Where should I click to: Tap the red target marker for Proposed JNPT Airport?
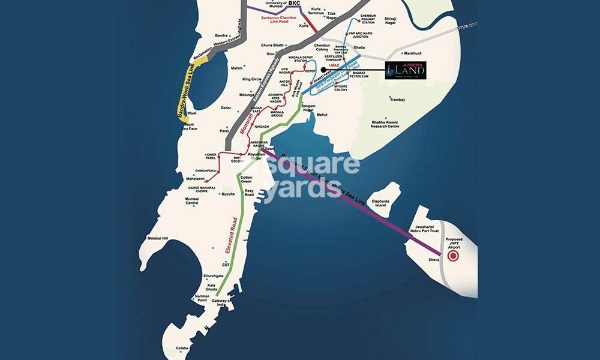454,256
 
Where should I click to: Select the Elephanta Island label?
381,203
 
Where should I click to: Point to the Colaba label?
182,349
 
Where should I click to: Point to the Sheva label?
434,260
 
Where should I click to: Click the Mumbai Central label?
192,200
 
